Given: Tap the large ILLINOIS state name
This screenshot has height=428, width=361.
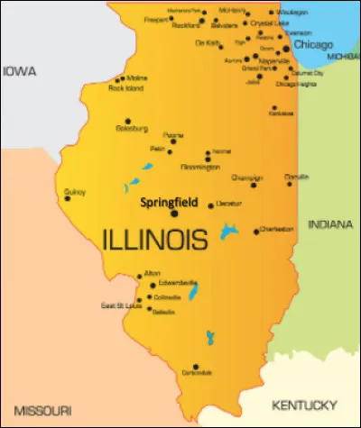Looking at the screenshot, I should [154, 239].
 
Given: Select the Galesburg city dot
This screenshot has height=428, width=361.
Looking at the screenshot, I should [127, 121].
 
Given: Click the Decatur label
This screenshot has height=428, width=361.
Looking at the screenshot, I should [229, 205].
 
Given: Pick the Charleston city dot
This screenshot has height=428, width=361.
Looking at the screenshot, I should [255, 230].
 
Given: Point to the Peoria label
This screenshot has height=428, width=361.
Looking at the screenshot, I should [172, 132].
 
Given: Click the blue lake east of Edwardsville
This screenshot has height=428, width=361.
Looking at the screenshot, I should [192, 293].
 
